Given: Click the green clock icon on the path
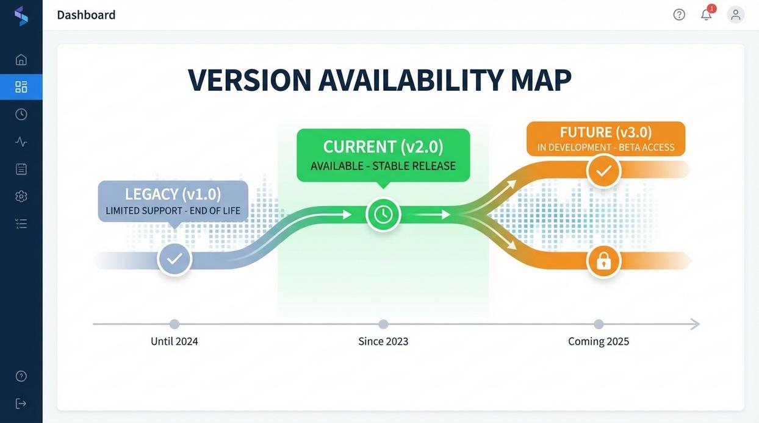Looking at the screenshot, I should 383,215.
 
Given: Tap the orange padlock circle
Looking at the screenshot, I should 603,261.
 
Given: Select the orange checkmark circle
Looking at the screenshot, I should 603,171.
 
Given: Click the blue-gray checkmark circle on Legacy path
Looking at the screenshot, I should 174,258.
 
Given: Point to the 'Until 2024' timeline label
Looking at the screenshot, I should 174,341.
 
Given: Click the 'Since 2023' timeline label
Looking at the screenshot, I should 383,341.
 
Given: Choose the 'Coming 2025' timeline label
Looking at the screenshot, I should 599,341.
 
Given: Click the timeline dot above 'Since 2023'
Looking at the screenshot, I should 383,324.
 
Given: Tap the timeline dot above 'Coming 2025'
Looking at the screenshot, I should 599,324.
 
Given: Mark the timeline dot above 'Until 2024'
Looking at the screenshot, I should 174,324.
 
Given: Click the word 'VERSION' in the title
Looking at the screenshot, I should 250,80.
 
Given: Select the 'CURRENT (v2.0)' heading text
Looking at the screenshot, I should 383,147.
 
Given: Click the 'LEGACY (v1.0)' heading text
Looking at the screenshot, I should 173,194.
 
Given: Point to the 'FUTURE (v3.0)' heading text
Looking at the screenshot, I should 606,132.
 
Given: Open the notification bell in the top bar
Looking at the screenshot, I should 706,15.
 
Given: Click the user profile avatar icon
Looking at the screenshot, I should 736,15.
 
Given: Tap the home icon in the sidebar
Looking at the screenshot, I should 21,60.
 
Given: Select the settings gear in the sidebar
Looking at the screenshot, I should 21,196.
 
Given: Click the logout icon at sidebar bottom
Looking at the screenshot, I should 21,403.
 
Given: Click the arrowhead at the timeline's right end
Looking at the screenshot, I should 694,324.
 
